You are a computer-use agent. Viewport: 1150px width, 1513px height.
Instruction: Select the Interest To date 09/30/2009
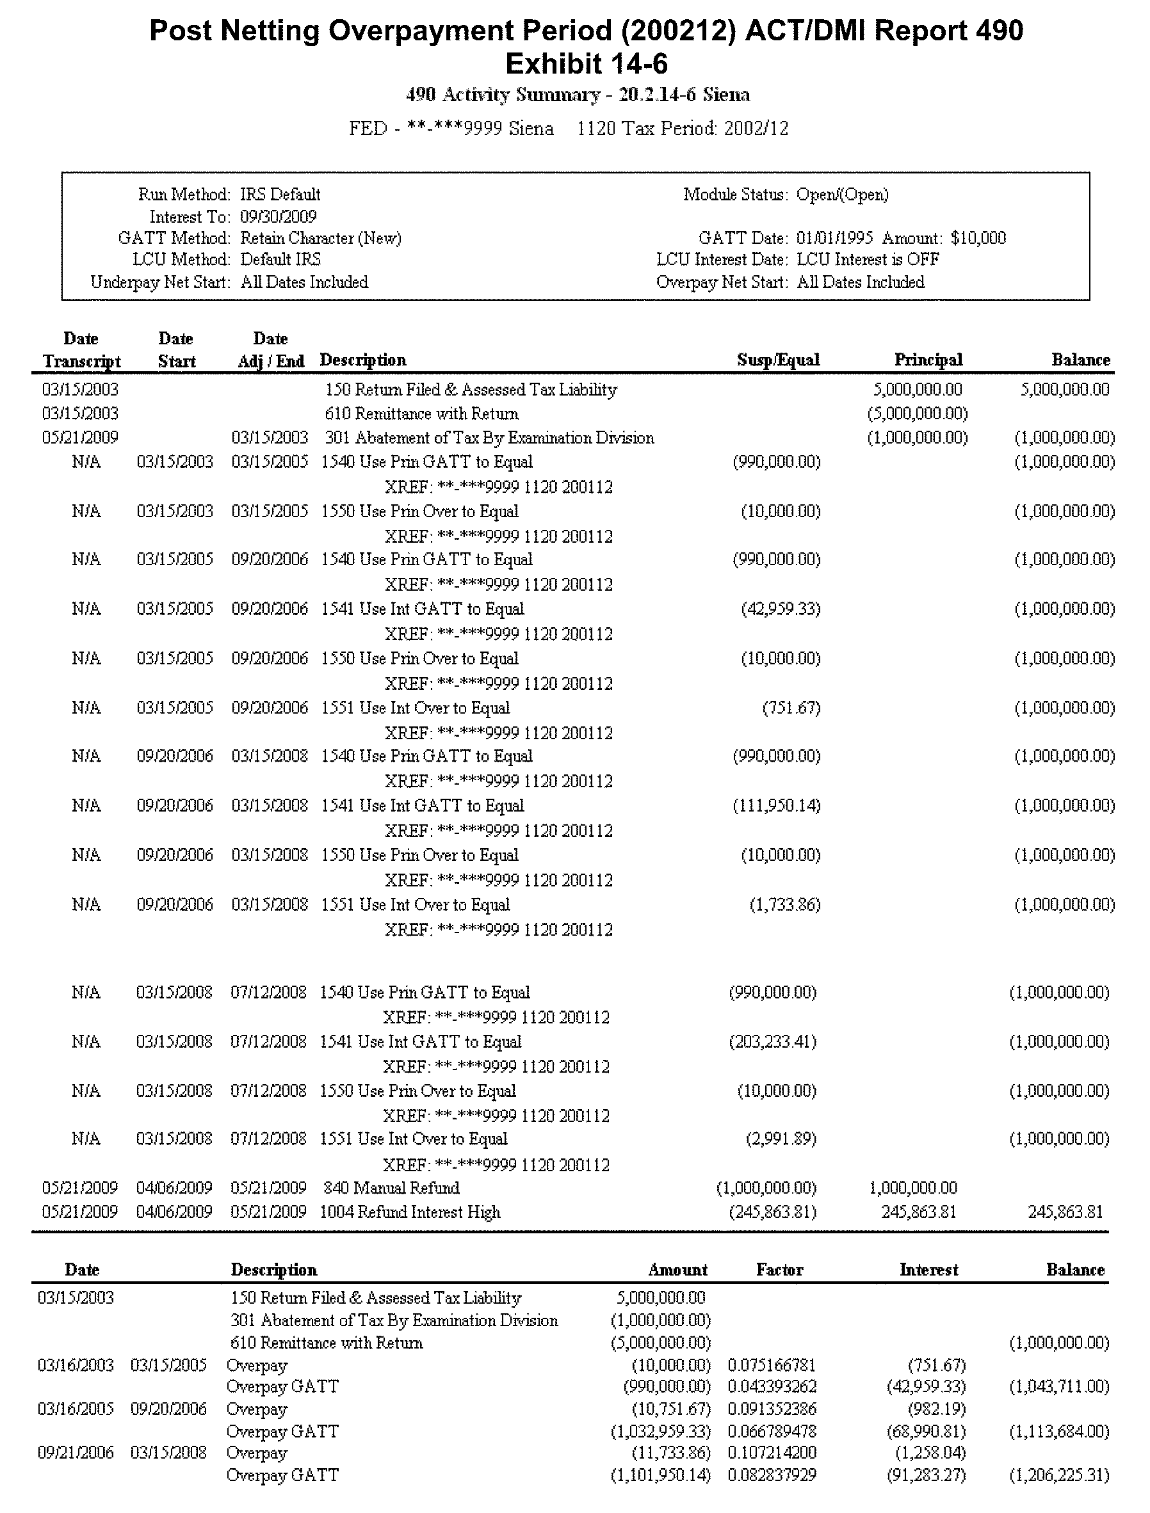click(x=278, y=217)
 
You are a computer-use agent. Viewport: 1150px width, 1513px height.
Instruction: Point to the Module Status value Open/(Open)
click(x=842, y=195)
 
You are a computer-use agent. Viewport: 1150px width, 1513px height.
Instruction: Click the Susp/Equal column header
click(x=777, y=360)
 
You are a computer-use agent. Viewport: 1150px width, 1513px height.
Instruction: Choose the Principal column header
click(x=928, y=360)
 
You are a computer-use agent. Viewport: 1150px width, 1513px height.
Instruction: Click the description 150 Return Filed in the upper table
click(x=471, y=389)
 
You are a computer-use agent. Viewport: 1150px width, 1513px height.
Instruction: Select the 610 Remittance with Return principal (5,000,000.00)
click(x=918, y=413)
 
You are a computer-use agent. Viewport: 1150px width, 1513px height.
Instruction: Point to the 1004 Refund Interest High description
click(x=410, y=1212)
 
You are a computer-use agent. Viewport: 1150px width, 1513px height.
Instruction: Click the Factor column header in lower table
click(x=779, y=1269)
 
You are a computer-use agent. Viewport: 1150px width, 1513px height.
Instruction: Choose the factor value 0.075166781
click(x=772, y=1365)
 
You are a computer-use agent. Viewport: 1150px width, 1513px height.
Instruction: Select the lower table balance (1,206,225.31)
click(x=1059, y=1475)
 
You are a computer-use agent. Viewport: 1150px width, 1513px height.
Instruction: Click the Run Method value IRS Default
click(x=280, y=195)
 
